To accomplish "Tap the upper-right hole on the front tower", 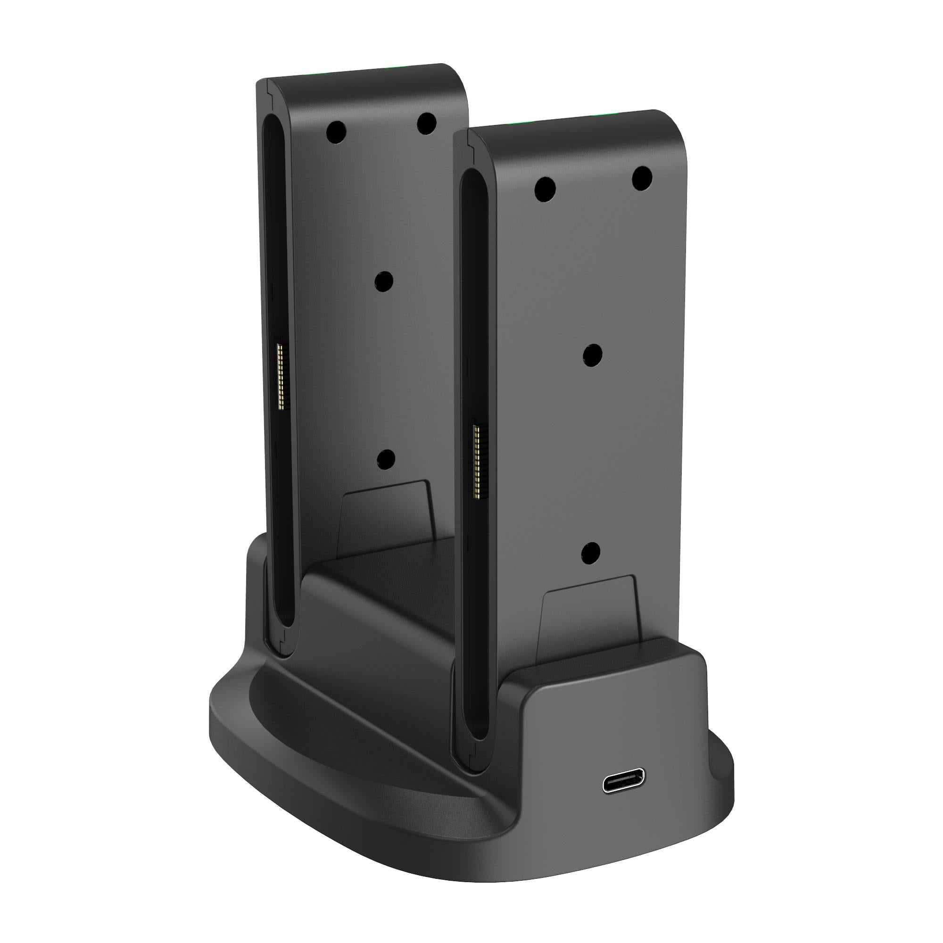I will [642, 178].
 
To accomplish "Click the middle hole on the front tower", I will [592, 355].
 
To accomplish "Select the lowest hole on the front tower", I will [591, 552].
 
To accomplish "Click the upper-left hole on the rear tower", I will [336, 131].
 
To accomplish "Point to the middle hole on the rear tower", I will [384, 281].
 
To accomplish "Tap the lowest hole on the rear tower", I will [386, 458].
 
